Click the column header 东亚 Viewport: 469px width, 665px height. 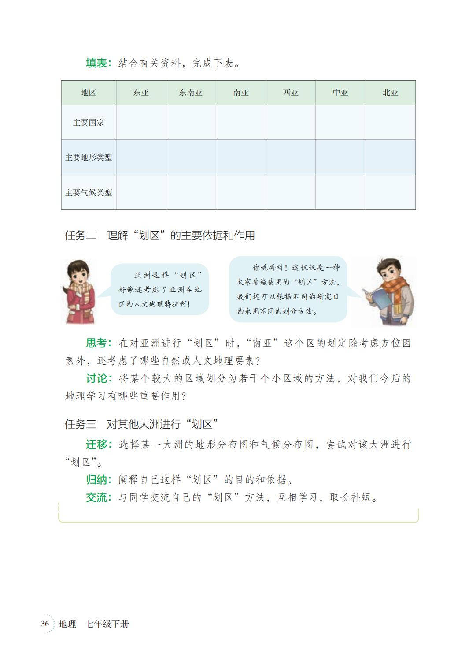click(141, 93)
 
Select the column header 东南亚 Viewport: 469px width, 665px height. click(191, 93)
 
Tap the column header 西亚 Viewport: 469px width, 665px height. click(291, 93)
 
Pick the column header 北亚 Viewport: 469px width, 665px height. click(391, 93)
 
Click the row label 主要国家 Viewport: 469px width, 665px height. click(89, 123)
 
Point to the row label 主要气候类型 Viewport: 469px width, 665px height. click(89, 193)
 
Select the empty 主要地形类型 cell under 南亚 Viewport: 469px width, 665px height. click(241, 157)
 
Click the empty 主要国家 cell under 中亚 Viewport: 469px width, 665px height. click(340, 123)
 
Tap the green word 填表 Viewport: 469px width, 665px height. click(96, 64)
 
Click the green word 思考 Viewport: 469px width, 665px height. click(96, 343)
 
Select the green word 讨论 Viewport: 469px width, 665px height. click(96, 378)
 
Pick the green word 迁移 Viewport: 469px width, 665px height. click(96, 445)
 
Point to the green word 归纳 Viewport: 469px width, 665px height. click(96, 480)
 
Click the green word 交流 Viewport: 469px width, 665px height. click(96, 498)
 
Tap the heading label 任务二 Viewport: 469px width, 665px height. click(80, 236)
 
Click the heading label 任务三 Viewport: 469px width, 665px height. click(80, 424)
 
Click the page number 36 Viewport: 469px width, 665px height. click(45, 624)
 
